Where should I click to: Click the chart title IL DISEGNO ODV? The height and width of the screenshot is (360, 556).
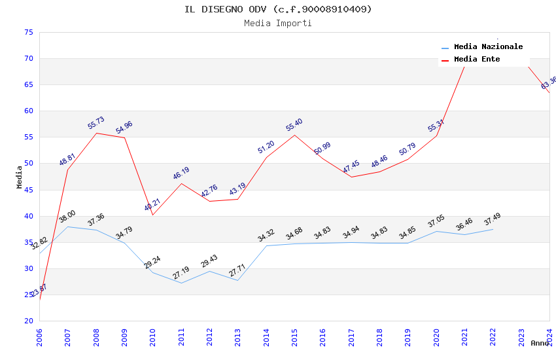278,9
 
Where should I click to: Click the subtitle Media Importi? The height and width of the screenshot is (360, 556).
278,24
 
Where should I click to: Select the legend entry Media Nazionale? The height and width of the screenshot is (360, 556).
488,47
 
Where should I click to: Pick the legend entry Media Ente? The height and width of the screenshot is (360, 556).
476,60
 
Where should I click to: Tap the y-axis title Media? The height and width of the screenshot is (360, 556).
20,177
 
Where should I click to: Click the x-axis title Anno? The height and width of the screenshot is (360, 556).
540,343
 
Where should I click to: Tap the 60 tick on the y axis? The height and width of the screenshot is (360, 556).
27,111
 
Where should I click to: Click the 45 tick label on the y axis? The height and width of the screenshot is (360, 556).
27,190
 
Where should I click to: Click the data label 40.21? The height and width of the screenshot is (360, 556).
152,205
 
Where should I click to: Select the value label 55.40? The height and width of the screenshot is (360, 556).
294,125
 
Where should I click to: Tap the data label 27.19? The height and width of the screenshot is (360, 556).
181,273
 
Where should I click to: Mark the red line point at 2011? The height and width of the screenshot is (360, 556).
181,183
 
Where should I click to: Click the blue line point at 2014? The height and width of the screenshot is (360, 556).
266,245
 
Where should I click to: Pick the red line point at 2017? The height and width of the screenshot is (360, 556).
351,177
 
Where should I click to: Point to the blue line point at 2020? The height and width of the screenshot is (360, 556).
436,231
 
